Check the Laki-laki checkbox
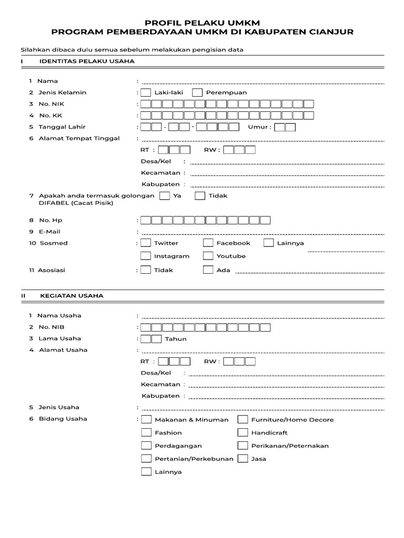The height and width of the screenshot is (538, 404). [146, 92]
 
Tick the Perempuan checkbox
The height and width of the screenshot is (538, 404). [197, 92]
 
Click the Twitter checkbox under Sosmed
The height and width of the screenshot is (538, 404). [146, 243]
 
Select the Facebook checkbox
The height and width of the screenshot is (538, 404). [208, 243]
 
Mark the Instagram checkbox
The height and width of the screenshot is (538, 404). [146, 256]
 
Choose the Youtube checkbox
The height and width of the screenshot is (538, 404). [208, 256]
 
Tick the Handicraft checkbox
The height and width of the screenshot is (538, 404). [243, 432]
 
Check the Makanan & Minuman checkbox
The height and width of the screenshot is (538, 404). [146, 419]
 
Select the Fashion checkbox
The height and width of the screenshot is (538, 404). [146, 432]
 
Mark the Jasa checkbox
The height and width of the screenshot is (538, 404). [243, 458]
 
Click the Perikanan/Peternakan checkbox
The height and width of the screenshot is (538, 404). [243, 445]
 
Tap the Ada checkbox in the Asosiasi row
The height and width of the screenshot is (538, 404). [208, 270]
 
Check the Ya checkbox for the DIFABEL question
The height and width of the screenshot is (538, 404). [165, 195]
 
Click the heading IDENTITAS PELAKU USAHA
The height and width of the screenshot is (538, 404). [87, 61]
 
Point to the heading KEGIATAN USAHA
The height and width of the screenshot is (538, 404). [72, 296]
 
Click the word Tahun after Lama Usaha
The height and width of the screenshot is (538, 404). [176, 339]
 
